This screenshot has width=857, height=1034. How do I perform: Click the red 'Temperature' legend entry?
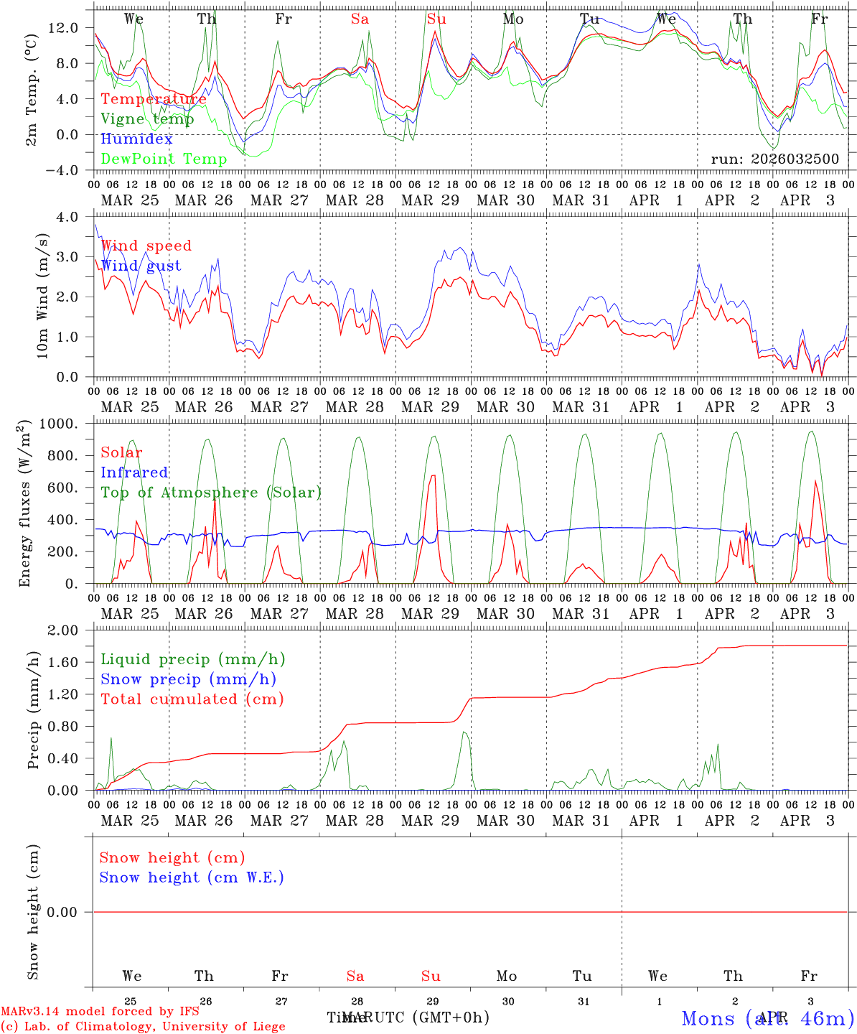(x=154, y=99)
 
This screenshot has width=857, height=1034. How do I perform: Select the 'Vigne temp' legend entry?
(x=147, y=119)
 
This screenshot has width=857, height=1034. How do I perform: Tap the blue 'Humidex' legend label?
(x=136, y=139)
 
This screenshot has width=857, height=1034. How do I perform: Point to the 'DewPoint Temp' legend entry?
(x=164, y=159)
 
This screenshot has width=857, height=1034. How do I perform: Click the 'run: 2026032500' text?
(x=774, y=159)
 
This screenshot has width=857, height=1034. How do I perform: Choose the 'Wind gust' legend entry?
(x=141, y=266)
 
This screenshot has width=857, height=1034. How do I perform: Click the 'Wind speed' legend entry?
(x=146, y=246)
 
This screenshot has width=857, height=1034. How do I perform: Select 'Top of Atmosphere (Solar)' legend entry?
(x=211, y=493)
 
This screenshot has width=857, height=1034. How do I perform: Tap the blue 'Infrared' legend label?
(x=134, y=472)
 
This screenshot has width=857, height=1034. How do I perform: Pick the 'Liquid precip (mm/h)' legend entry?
(x=193, y=659)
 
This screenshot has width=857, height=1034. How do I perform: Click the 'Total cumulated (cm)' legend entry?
(x=192, y=699)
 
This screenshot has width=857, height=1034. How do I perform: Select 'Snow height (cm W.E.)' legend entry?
(x=192, y=877)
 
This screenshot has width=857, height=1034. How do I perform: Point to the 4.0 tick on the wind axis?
(x=72, y=217)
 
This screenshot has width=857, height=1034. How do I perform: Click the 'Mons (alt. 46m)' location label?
(x=767, y=1018)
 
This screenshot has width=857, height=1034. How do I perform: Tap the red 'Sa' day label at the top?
(x=360, y=19)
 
